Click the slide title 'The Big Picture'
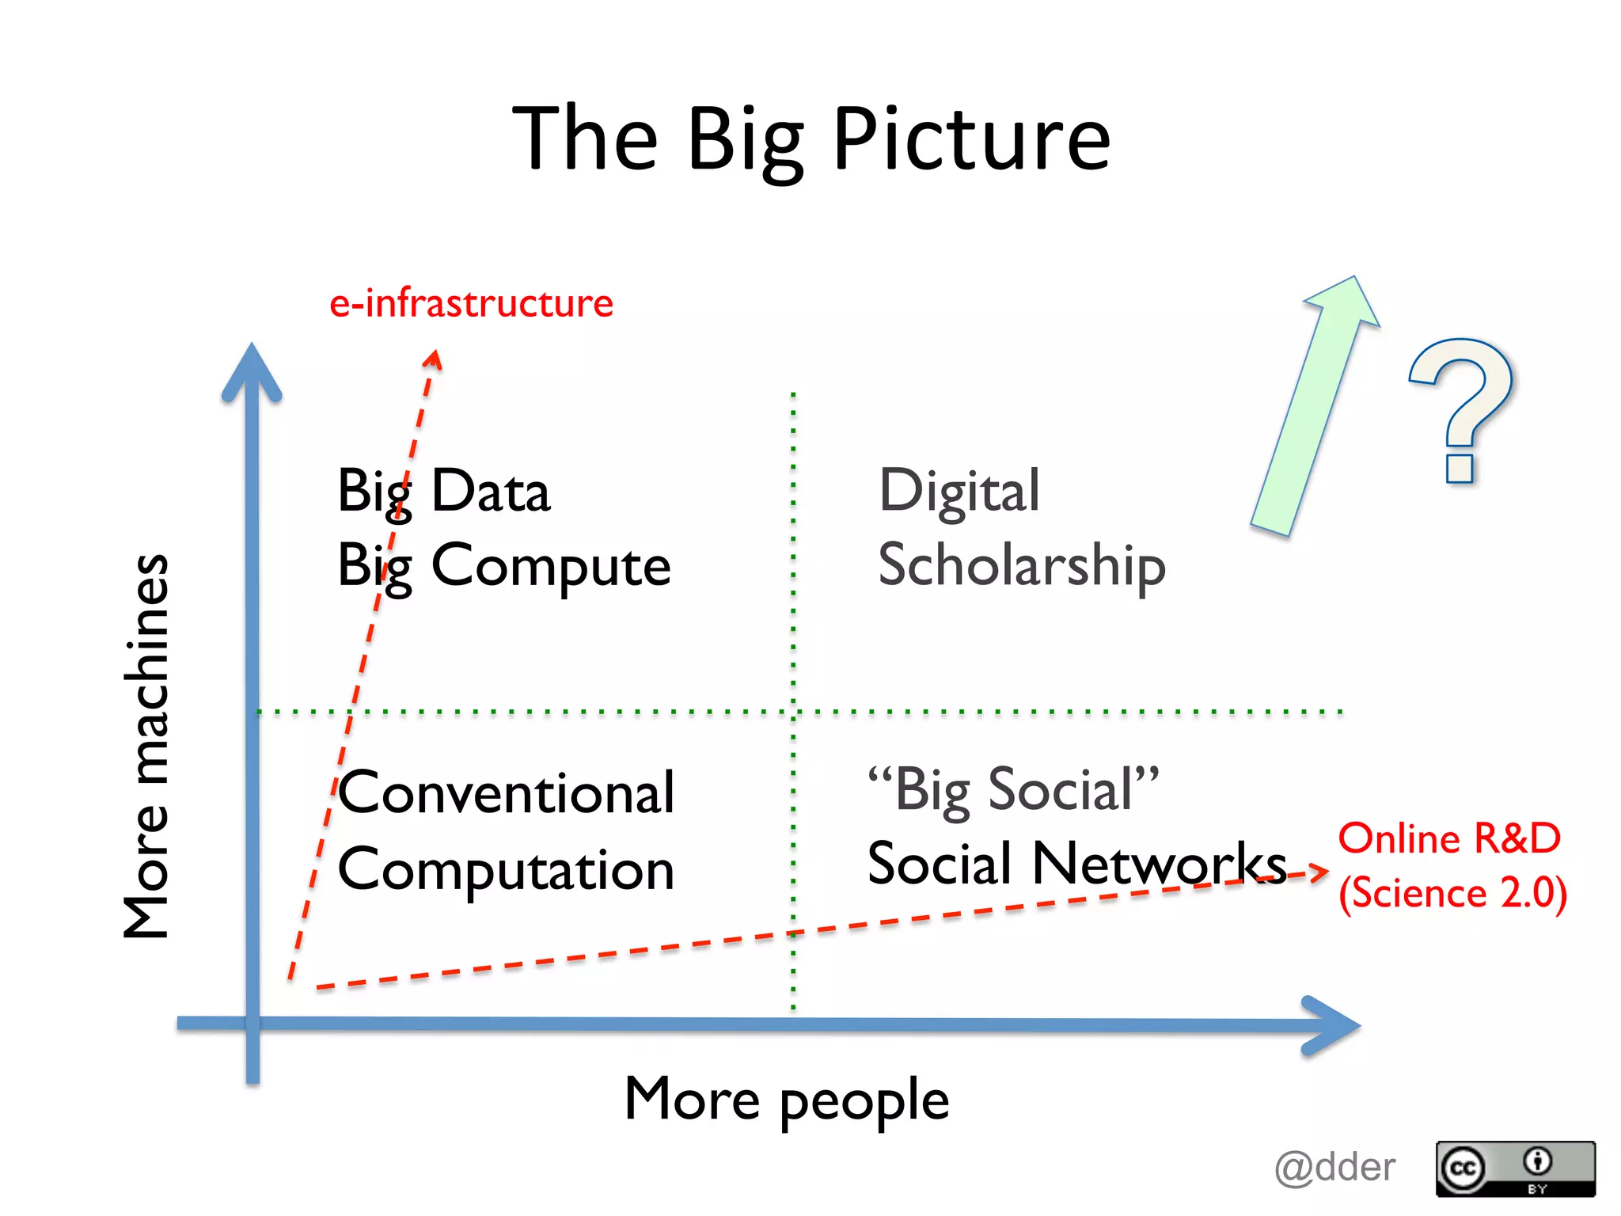(x=811, y=139)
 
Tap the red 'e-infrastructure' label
(x=471, y=303)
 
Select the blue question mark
(x=1461, y=408)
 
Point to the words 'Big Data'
(x=443, y=492)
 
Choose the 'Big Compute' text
(x=503, y=567)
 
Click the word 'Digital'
(x=959, y=492)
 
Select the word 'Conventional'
(x=507, y=793)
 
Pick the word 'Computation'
(x=507, y=869)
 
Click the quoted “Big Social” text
(x=1013, y=789)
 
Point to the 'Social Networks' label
(x=1076, y=864)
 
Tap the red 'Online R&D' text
(x=1449, y=838)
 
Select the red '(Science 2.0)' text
(x=1452, y=893)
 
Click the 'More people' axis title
(x=787, y=1100)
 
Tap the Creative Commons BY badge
(x=1515, y=1168)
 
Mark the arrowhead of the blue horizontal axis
(x=1334, y=1025)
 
